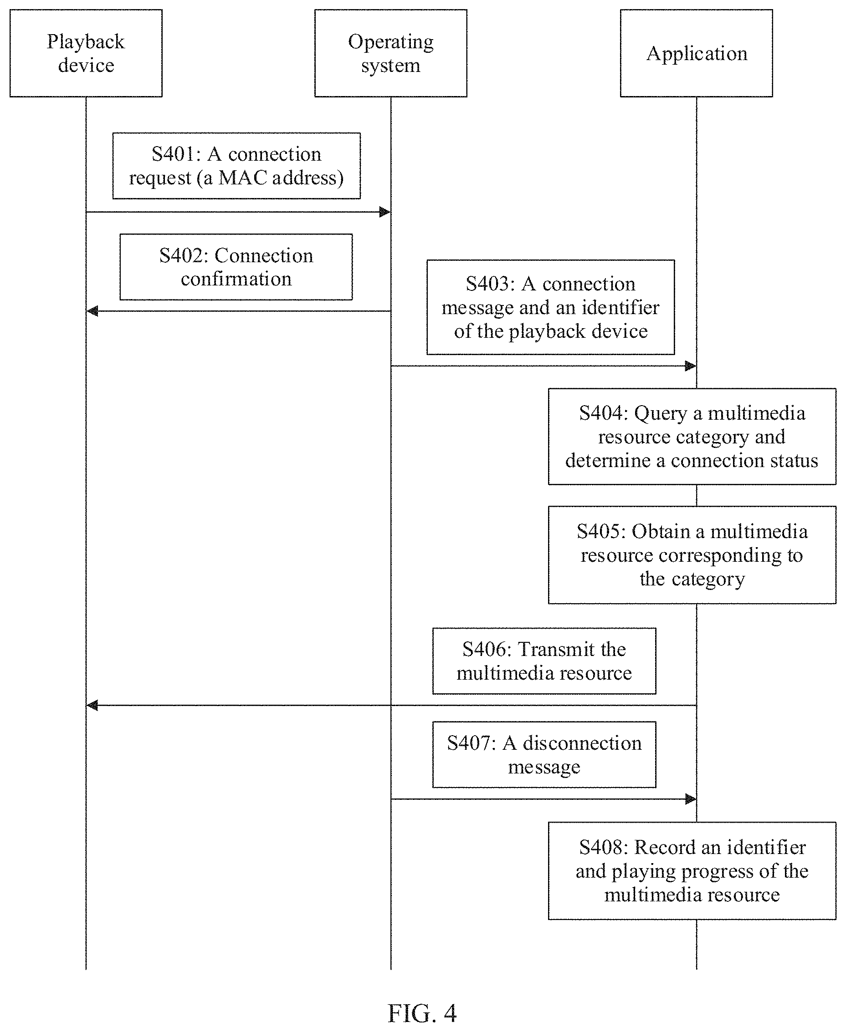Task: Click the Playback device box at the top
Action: tap(86, 53)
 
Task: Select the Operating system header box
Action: tap(390, 53)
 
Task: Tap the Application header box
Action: tap(696, 53)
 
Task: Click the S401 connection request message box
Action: tap(236, 166)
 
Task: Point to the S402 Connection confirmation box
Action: tap(236, 267)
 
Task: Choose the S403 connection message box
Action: tap(551, 307)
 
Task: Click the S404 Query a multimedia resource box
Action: tap(692, 437)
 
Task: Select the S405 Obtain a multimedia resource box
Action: tap(692, 555)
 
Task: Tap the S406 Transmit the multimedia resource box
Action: tap(544, 661)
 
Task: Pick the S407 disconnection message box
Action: tap(544, 754)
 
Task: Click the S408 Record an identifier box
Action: tap(692, 871)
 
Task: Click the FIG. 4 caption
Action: tap(422, 1013)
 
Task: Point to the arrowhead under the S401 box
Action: tap(385, 212)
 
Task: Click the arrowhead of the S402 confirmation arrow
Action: tap(92, 311)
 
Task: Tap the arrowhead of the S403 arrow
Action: tap(691, 366)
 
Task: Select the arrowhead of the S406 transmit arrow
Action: tap(92, 705)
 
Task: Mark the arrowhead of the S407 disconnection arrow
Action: tap(691, 799)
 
